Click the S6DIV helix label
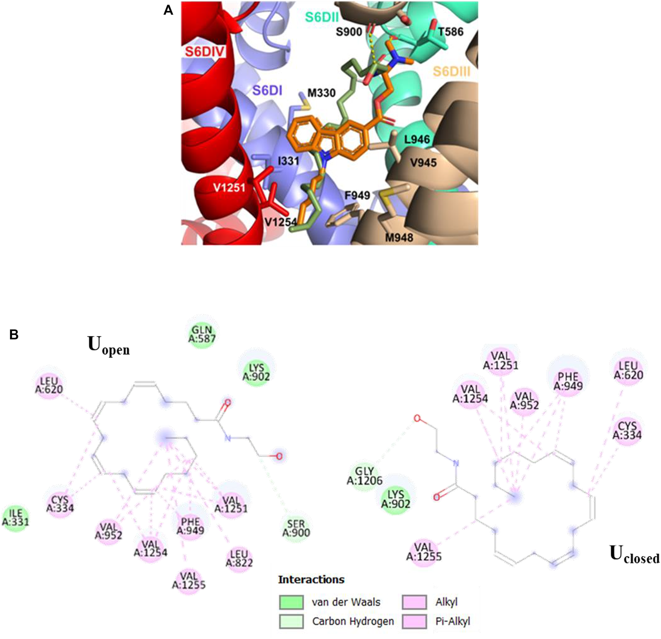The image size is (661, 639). point(205,52)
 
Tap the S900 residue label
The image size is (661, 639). point(349,32)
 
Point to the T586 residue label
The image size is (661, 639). point(451,32)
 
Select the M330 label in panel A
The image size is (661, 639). point(321,93)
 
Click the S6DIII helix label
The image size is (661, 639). point(451,72)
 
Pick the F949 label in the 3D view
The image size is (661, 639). point(357,195)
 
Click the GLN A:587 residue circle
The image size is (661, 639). point(202,334)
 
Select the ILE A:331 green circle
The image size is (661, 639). point(15,517)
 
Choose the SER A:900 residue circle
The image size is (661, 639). point(296,528)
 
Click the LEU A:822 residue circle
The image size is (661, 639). point(239,558)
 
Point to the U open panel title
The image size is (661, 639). point(108,345)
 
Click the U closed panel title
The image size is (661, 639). point(634,555)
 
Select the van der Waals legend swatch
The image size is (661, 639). point(291,602)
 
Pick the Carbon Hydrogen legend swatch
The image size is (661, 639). point(291,621)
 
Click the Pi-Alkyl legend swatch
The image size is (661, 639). point(414,621)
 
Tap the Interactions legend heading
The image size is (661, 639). point(311,580)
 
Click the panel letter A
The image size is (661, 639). point(168,10)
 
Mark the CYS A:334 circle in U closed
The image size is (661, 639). point(627,430)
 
